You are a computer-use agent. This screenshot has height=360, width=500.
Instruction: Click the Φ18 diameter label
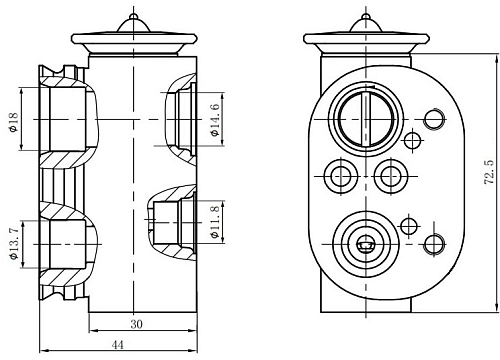14,122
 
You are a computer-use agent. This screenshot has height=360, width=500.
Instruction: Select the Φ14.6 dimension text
215,120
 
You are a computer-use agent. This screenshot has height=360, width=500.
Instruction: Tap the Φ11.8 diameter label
215,222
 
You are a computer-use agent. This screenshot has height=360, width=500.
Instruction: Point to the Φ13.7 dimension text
14,244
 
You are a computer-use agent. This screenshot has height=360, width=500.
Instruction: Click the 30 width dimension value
136,324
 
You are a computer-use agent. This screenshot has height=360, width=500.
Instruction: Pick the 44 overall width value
117,345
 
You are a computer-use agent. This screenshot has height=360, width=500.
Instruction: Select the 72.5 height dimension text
488,172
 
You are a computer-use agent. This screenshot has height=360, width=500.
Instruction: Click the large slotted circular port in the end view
366,119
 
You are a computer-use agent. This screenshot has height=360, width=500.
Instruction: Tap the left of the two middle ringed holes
341,176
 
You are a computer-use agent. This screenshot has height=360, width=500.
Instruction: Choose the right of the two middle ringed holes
391,176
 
